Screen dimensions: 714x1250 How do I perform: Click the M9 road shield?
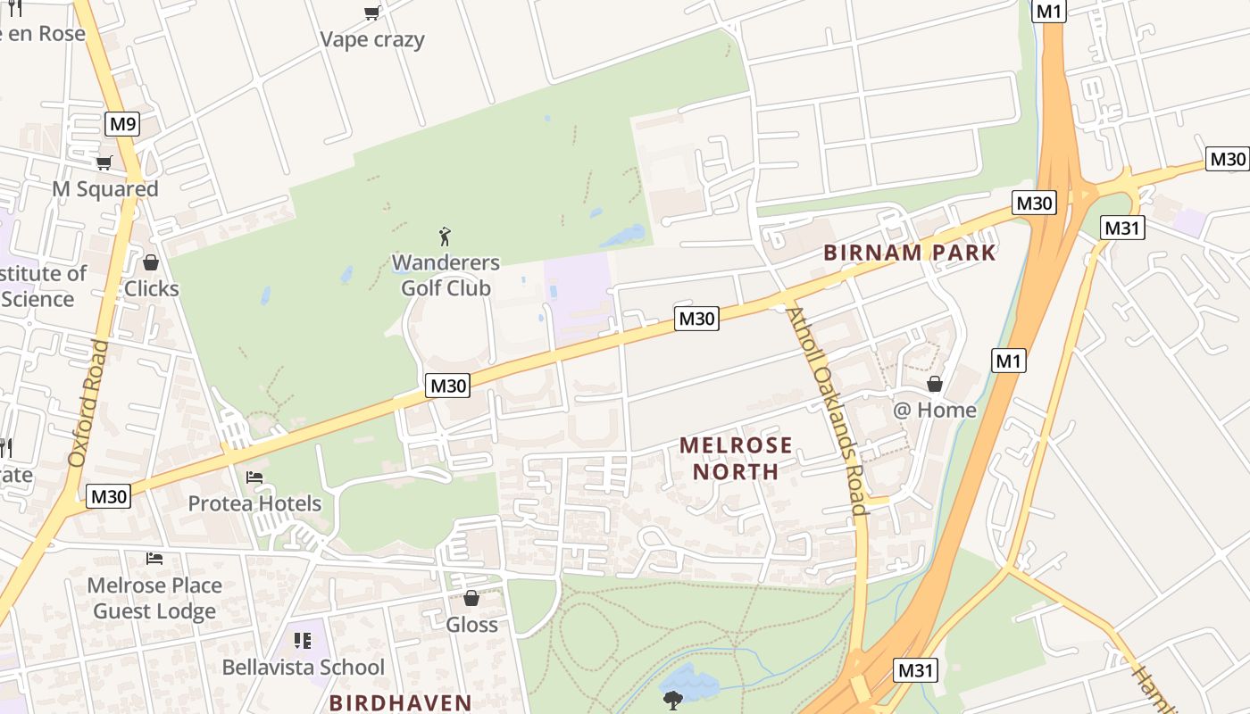122,124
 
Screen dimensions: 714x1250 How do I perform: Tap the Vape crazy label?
372,39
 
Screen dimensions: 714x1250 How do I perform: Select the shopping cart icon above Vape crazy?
371,12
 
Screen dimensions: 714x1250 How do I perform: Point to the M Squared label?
105,189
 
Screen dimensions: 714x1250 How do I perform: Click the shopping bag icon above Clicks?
151,262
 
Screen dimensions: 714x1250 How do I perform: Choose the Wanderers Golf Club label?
446,275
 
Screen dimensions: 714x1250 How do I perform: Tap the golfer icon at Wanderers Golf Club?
445,237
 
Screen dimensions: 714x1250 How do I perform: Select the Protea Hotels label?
254,503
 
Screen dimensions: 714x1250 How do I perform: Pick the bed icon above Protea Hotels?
254,477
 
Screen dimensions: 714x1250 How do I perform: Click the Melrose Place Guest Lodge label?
154,598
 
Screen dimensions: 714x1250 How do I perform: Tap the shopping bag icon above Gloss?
471,598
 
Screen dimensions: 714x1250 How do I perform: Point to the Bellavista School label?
304,667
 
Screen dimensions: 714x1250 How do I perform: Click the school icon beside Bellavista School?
303,641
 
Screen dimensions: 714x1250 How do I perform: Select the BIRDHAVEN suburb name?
400,702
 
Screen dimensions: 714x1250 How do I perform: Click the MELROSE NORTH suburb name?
736,458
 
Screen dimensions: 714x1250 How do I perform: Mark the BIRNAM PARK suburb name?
909,253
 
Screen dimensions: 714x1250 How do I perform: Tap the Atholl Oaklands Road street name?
828,411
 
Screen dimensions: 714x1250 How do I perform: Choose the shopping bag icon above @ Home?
934,384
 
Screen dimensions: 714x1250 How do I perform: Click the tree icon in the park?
672,700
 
